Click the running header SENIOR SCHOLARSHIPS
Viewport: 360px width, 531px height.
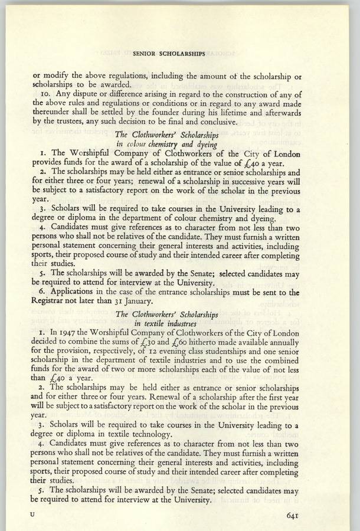point(169,53)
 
